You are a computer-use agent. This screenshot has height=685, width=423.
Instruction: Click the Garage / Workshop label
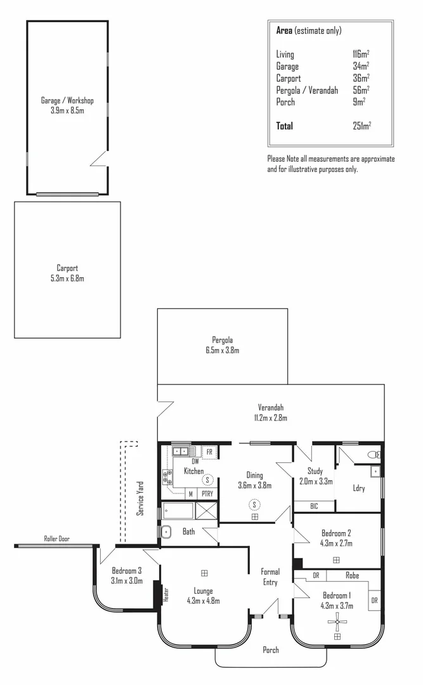[x=67, y=101]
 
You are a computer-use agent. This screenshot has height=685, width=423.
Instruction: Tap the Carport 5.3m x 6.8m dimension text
[x=67, y=278]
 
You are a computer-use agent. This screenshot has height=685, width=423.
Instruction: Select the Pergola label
[x=222, y=339]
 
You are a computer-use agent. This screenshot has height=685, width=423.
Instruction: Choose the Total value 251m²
[x=361, y=126]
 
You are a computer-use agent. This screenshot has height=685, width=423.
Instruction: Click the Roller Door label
[x=57, y=539]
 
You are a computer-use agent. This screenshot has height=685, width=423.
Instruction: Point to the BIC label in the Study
[x=314, y=506]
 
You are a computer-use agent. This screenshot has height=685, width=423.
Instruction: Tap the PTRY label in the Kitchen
[x=207, y=493]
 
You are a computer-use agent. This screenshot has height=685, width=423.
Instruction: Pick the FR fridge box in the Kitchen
[x=209, y=452]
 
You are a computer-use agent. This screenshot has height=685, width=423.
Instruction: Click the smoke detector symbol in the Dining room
[x=254, y=504]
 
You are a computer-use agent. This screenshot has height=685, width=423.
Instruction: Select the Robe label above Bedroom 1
[x=353, y=576]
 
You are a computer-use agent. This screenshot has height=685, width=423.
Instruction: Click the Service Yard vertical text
[x=141, y=498]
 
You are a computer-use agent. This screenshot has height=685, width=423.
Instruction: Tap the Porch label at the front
[x=271, y=649]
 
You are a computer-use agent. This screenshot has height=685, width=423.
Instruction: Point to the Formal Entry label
[x=270, y=577]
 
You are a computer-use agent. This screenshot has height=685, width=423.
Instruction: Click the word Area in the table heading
[x=284, y=30]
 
